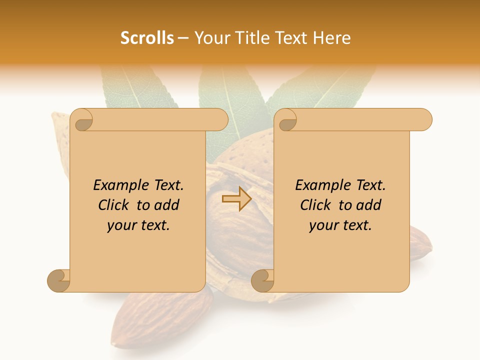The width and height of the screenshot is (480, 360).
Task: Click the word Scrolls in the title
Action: (147, 38)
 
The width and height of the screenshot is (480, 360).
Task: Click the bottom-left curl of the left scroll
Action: (59, 280)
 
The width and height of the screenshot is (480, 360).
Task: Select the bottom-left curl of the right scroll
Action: (262, 280)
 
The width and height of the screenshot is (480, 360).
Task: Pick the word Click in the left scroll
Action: (115, 205)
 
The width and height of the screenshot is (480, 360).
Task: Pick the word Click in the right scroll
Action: (317, 205)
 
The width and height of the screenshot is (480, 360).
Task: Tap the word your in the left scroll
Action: (121, 225)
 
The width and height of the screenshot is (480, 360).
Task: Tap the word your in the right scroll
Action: (323, 225)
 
